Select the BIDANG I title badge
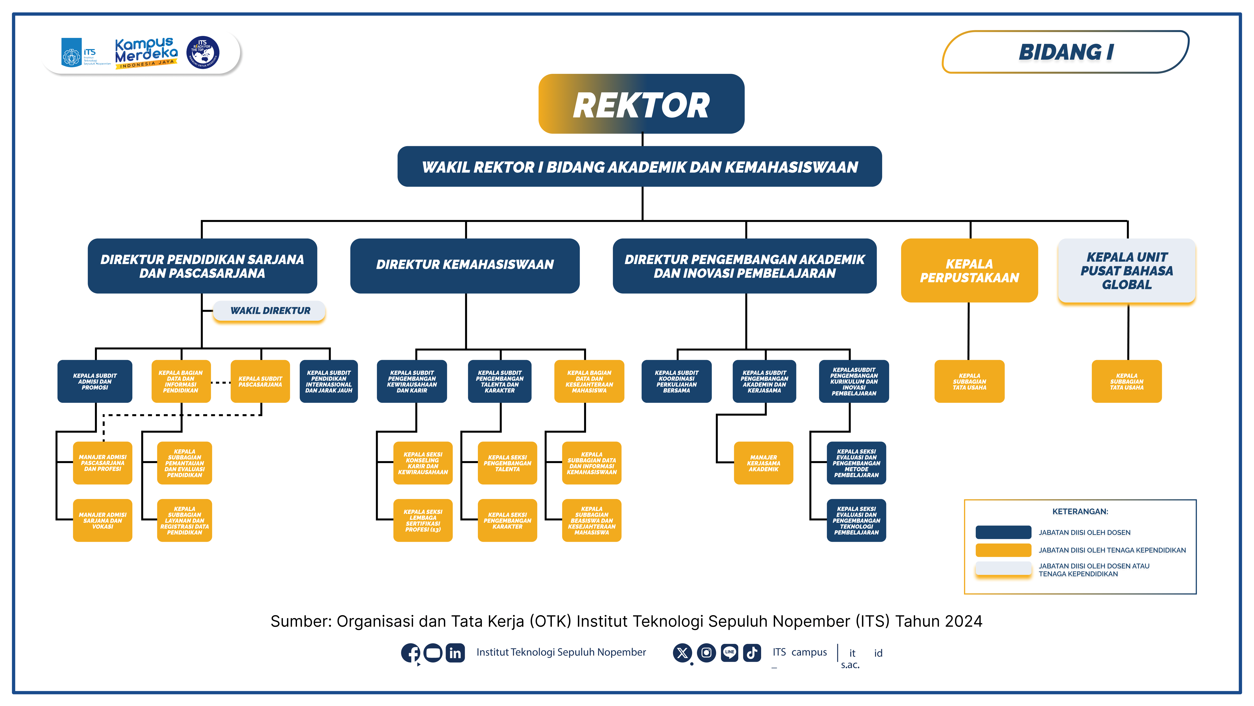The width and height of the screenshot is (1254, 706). tap(1066, 52)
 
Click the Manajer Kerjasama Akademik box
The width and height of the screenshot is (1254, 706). tap(763, 463)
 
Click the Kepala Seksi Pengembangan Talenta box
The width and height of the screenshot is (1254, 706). tap(507, 463)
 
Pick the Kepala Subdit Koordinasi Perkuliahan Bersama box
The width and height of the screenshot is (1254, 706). tap(676, 381)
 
